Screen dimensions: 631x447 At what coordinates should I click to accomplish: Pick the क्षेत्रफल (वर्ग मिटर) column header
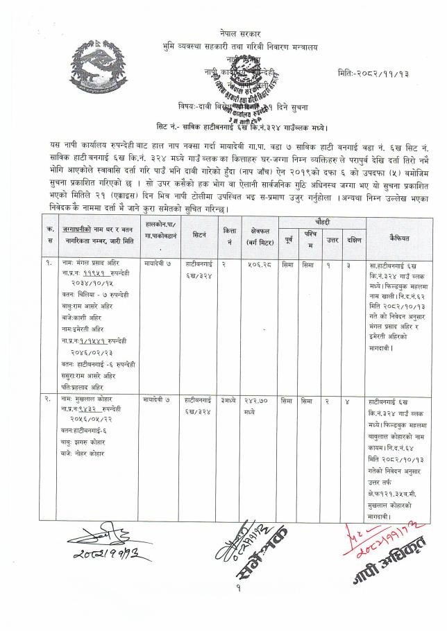[x=257, y=237]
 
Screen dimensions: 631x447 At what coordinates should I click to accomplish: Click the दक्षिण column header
[x=354, y=239]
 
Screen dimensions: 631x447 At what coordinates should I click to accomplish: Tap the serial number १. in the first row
[x=49, y=264]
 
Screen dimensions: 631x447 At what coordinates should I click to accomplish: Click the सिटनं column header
[x=199, y=236]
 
